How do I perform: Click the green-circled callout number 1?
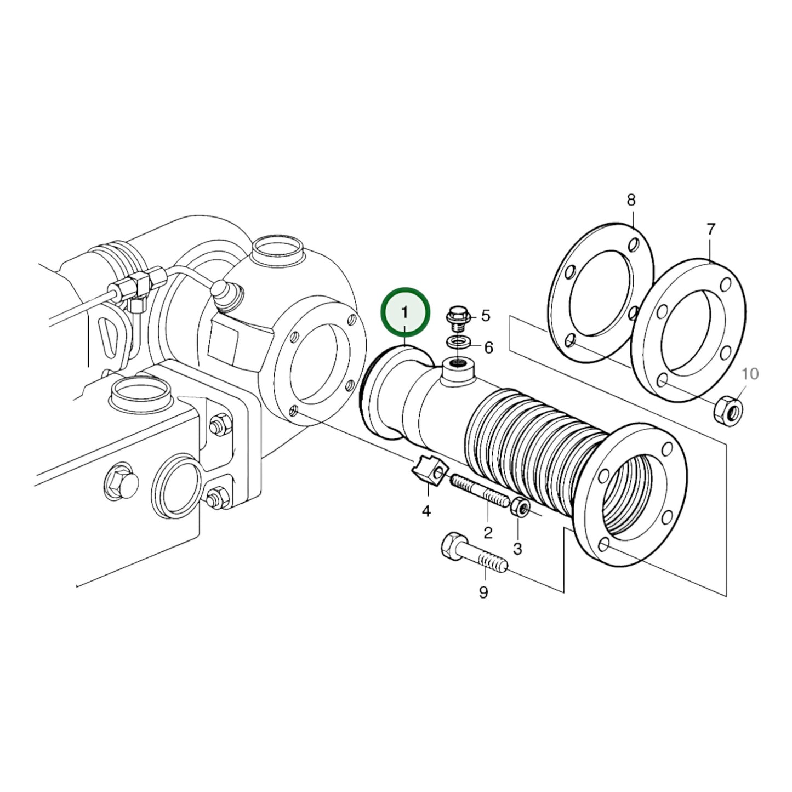[405, 312]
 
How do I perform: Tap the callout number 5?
[486, 316]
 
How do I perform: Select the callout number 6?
[488, 347]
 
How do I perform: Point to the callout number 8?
[631, 200]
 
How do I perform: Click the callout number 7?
[710, 229]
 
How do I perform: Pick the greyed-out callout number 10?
[750, 374]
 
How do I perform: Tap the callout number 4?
[426, 511]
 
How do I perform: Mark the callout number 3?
[517, 548]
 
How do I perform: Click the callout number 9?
[483, 592]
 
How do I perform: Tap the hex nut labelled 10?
[728, 409]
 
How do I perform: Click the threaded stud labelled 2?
[480, 492]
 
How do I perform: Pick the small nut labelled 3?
[519, 508]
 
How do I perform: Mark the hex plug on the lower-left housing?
[119, 482]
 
